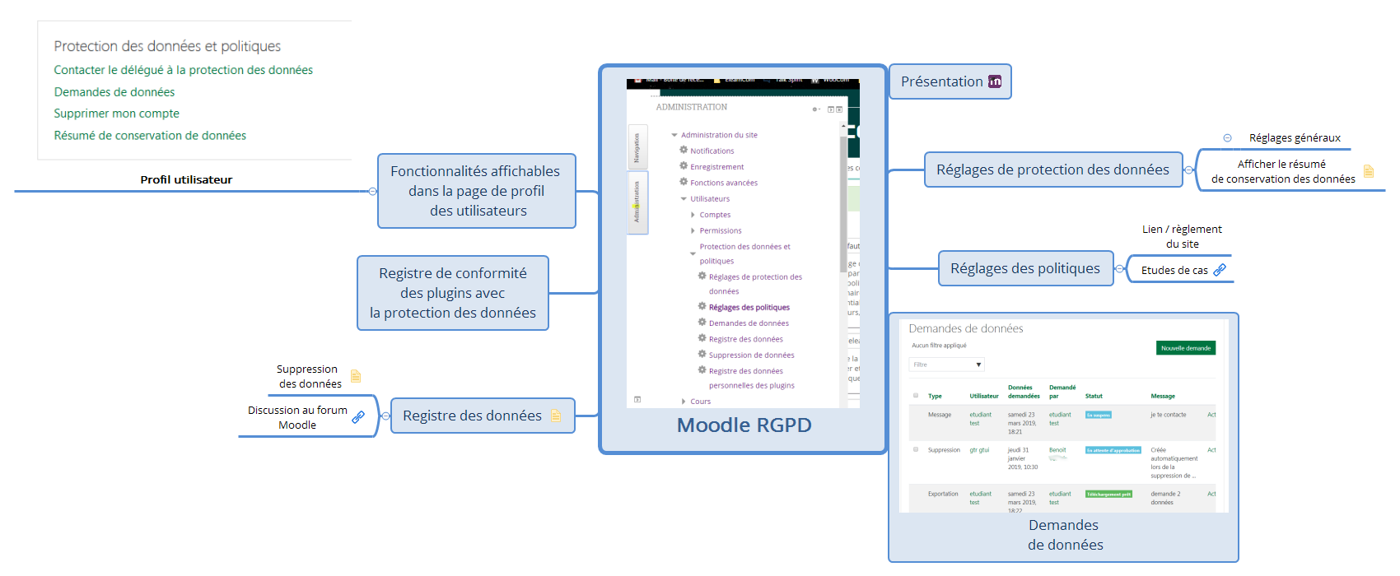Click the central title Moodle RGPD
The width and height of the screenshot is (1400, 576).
coord(744,425)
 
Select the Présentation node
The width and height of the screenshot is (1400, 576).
coord(941,81)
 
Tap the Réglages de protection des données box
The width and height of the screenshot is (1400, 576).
coord(1052,170)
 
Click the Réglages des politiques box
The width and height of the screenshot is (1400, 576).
coord(1024,268)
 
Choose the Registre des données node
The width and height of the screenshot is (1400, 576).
coord(472,416)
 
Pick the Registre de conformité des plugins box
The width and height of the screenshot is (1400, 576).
coord(452,293)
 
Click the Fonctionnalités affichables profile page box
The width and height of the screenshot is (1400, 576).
coord(475,191)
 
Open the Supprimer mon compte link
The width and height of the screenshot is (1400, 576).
coord(116,114)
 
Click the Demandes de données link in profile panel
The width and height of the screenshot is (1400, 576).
coord(114,92)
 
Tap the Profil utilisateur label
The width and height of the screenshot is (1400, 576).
coord(186,179)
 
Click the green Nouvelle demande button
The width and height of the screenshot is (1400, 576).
coord(1185,348)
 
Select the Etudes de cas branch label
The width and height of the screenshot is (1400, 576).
coord(1174,270)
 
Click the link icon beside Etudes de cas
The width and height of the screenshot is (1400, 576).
coord(1220,270)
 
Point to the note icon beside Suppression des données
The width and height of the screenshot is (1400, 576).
coord(356,376)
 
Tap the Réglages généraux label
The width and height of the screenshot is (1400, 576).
coord(1295,137)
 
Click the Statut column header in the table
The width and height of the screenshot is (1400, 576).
coord(1094,396)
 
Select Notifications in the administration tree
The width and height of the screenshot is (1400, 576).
coord(712,151)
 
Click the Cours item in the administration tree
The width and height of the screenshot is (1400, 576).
coord(700,402)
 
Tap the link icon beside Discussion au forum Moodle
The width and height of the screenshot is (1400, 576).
coord(358,417)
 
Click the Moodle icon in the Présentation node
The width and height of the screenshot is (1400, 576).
coord(995,81)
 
